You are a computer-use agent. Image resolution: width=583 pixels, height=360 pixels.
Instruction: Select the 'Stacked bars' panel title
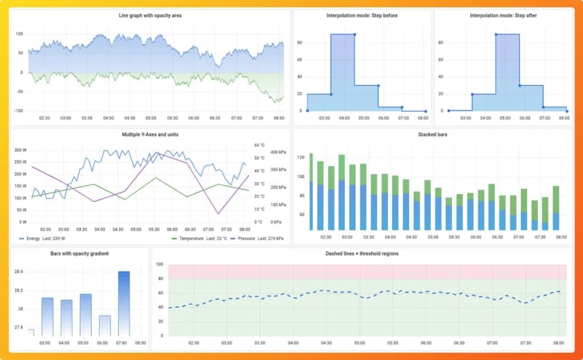coord(433,135)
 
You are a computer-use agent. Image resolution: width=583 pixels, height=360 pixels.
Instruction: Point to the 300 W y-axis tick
coord(20,150)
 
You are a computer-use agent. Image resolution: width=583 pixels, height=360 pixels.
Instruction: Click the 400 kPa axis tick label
coord(278,153)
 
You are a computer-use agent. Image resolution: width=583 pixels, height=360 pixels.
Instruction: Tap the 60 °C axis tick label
coord(259,145)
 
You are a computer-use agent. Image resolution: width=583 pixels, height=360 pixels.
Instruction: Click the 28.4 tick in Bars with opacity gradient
coord(19,272)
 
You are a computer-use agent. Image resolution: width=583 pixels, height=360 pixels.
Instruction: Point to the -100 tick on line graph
coord(18,111)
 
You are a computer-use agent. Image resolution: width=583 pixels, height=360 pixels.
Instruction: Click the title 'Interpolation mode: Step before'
coord(362,15)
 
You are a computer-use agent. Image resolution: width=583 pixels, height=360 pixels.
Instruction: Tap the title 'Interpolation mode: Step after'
coord(503,15)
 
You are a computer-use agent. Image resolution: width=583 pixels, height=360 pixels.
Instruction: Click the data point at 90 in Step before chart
coord(354,34)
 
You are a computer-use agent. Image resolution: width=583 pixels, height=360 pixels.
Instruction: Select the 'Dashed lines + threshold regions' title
coord(362,253)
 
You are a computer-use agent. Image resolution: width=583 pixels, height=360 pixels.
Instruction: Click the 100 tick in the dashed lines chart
coord(159,265)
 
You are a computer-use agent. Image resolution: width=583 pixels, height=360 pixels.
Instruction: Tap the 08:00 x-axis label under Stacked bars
coord(560,236)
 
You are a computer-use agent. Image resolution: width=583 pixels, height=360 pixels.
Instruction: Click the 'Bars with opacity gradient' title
coord(79,253)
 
